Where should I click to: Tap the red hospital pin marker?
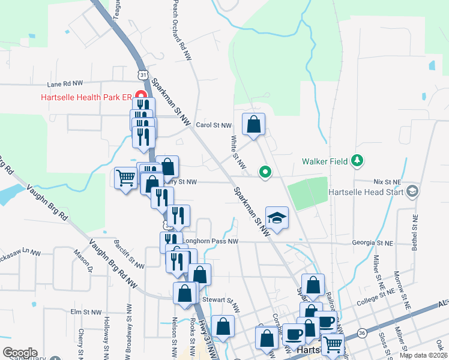141,96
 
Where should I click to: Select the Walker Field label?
326,161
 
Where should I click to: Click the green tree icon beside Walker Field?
357,160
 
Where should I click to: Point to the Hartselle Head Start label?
365,192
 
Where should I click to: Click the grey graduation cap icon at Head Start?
412,191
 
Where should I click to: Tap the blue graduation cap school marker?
277,217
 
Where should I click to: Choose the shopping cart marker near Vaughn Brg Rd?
125,178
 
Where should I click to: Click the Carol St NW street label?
214,125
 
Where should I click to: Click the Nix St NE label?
386,181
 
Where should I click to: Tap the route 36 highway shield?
361,332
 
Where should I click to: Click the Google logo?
20,352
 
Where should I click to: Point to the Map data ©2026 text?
423,355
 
